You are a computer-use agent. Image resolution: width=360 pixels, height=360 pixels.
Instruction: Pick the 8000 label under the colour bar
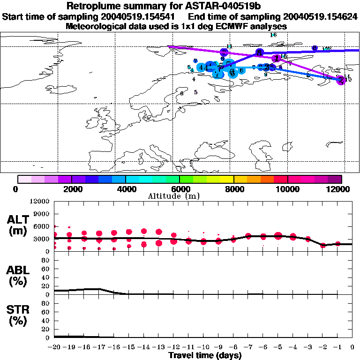[233, 189]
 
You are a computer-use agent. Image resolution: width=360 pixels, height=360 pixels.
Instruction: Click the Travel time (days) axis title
[205, 356]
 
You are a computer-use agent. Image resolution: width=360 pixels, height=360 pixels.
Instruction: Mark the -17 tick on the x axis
[99, 347]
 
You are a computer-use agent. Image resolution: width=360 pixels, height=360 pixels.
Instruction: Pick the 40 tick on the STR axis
[46, 321]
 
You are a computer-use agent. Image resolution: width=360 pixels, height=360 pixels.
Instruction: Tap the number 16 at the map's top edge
[274, 35]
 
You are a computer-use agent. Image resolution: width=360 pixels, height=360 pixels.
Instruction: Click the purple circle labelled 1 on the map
[277, 58]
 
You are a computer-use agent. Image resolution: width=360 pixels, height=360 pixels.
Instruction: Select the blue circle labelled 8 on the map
[259, 52]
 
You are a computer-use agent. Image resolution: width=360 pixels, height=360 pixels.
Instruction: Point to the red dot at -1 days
[337, 244]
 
